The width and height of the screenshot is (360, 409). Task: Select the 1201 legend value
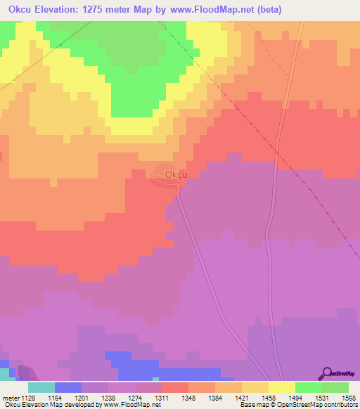coord(82,397)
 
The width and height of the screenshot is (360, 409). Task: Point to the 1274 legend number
coord(135,397)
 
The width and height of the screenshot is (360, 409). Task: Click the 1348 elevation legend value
coord(188,397)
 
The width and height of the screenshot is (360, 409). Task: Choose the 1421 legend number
coord(240,397)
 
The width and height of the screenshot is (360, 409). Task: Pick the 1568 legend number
coord(347,397)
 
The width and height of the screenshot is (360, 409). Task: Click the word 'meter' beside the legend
coord(10,397)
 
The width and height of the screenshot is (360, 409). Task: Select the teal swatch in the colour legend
coord(41,387)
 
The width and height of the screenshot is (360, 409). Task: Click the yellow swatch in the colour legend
coord(281,387)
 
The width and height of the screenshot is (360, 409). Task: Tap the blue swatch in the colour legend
coord(68,387)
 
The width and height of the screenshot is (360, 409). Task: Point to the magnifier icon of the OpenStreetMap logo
coord(327,373)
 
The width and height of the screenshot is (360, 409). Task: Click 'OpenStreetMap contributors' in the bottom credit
coord(318,405)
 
